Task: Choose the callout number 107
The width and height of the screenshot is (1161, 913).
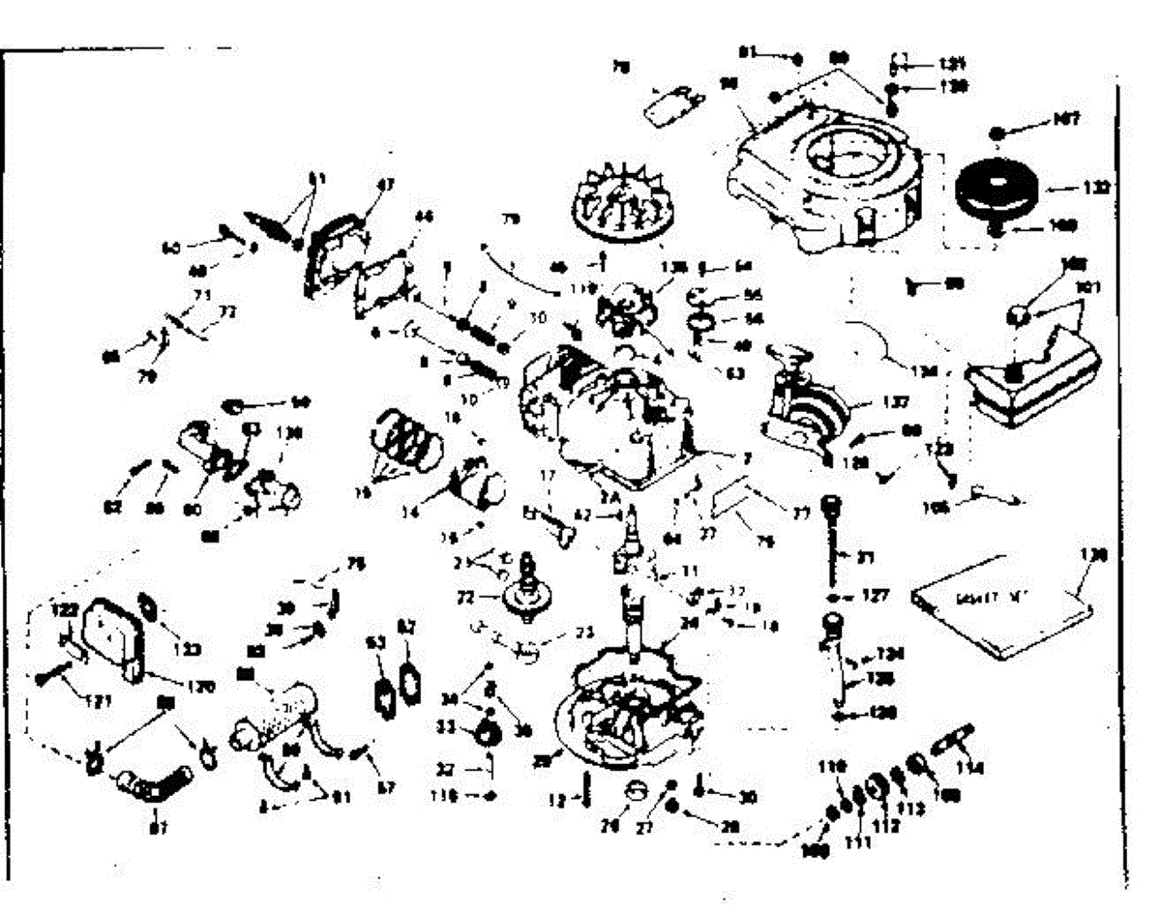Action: coord(1067,120)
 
